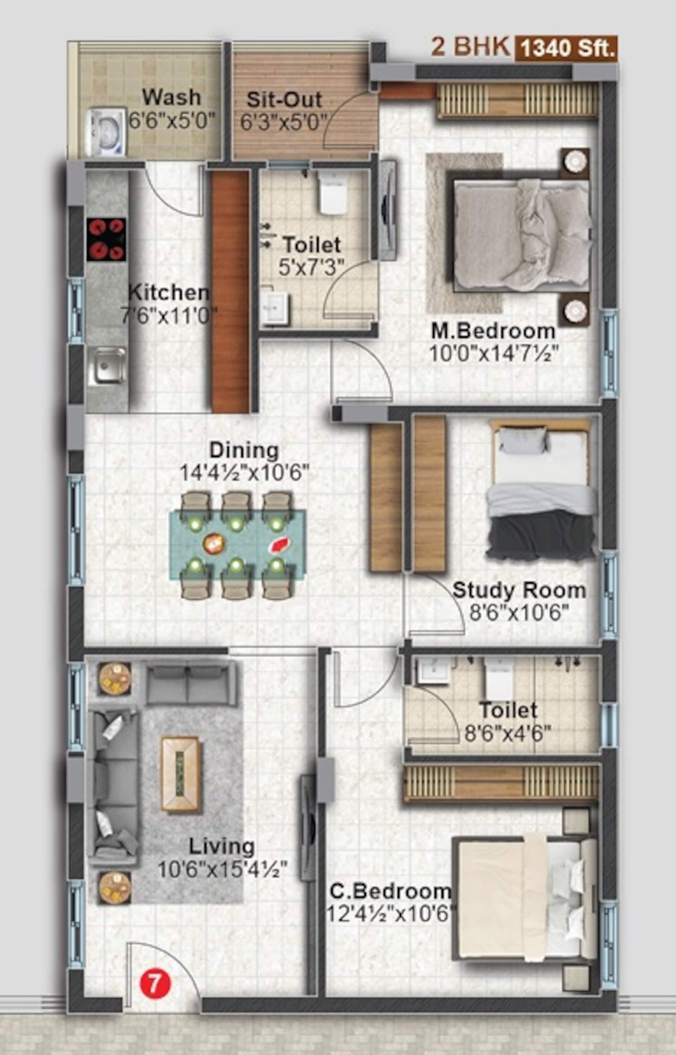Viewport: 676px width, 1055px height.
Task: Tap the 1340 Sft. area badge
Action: tap(566, 47)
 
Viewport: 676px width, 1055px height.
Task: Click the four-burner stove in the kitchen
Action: tap(106, 239)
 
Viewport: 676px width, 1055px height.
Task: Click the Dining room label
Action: tap(244, 450)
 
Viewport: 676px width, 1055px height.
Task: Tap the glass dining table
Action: tap(237, 544)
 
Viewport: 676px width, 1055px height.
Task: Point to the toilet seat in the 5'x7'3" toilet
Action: tap(332, 193)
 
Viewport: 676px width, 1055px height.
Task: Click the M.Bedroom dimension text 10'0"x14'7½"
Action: tap(493, 353)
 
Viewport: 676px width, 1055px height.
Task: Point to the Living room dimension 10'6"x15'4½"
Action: tap(223, 870)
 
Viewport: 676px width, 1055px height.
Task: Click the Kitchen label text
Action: tap(168, 293)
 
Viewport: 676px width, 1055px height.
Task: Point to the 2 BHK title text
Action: tap(470, 47)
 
